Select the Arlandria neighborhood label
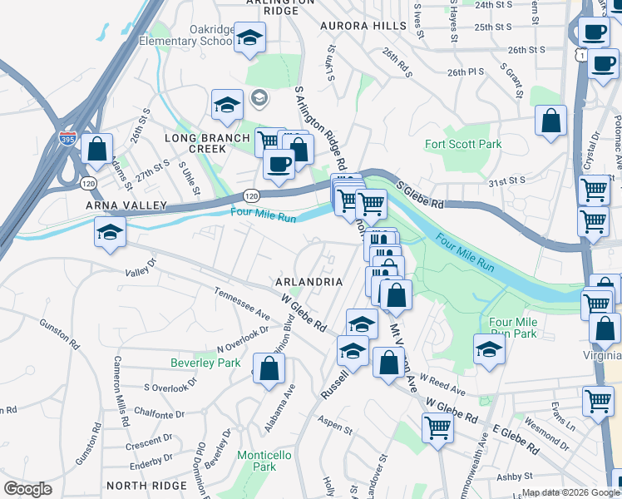coord(309,282)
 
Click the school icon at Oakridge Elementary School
coord(248,38)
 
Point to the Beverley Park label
coord(205,363)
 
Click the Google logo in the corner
coord(27,489)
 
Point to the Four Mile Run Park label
coord(513,328)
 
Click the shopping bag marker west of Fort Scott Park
coord(550,121)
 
